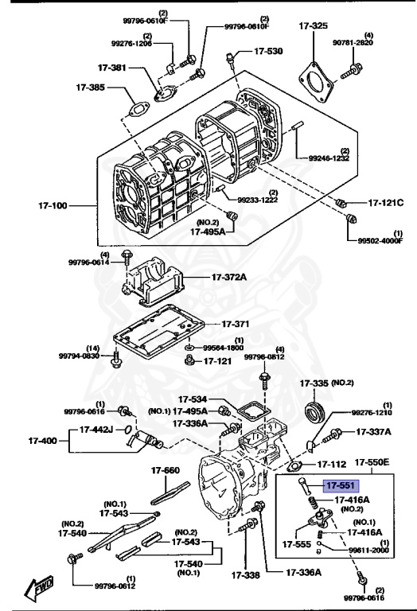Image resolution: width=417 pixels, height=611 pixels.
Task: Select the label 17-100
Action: coord(53,206)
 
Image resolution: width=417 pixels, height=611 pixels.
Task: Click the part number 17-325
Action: coord(314,26)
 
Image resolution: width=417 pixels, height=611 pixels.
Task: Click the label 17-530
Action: coord(267,51)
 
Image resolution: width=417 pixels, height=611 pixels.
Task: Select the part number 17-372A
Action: coord(230,277)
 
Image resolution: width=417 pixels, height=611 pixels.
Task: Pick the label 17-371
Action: coord(235,325)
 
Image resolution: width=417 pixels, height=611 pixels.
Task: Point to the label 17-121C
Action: coord(385,203)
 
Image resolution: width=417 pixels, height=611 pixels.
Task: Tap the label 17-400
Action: coord(43,440)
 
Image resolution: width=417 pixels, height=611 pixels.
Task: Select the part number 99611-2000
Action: coord(369,550)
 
